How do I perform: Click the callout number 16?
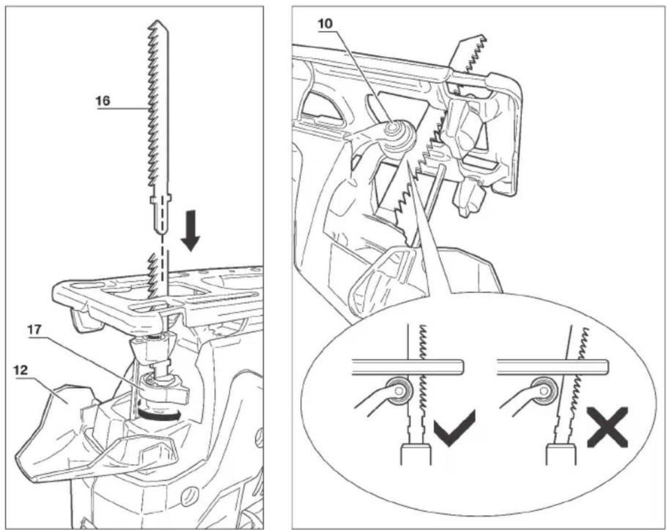click(103, 101)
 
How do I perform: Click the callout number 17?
click(35, 330)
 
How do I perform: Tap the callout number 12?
click(21, 370)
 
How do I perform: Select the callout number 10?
click(325, 24)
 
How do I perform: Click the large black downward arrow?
click(190, 231)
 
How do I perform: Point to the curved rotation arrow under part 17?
click(159, 415)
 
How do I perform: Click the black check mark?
click(455, 428)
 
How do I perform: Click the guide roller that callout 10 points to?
click(399, 135)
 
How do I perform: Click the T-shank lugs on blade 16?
click(161, 198)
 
